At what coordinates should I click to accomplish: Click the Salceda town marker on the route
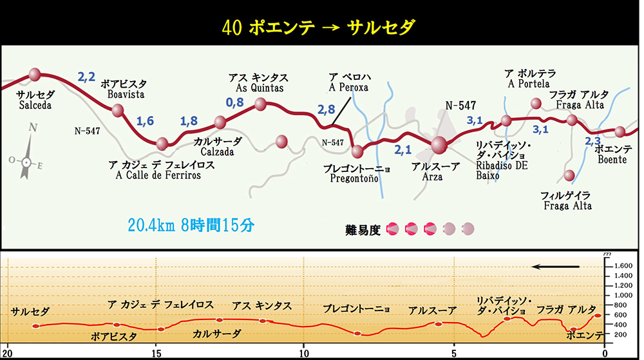[x=35, y=75]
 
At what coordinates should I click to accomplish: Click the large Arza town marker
[x=439, y=146]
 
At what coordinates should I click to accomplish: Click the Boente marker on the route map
[x=620, y=131]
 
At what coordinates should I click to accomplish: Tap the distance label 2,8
[x=327, y=109]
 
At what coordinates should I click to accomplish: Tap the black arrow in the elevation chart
[x=555, y=266]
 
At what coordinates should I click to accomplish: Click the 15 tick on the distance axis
[x=156, y=353]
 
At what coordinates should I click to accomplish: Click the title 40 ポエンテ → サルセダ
[x=318, y=27]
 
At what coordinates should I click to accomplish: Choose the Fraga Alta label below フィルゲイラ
[x=567, y=205]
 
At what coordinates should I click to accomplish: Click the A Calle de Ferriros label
[x=158, y=175]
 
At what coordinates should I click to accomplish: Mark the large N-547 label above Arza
[x=461, y=104]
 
